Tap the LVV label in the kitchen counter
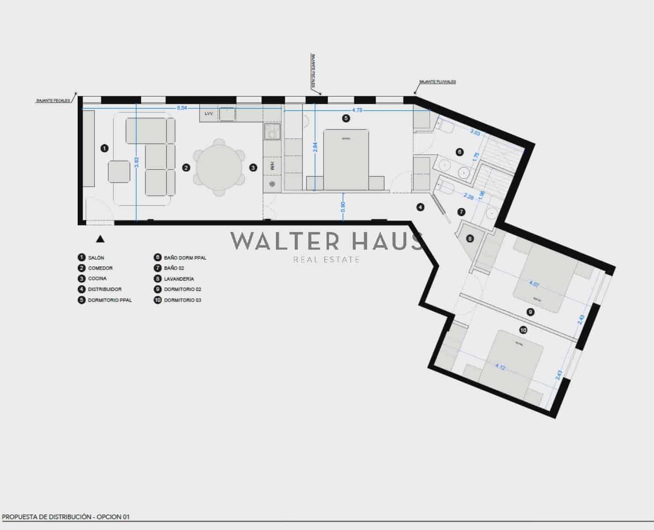click(209, 114)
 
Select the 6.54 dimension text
click(181, 108)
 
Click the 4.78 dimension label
click(357, 110)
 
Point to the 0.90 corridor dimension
click(343, 207)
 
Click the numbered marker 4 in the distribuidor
click(421, 207)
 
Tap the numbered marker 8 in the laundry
click(470, 239)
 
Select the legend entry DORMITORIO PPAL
click(110, 300)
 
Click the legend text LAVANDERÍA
click(179, 279)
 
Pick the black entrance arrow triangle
click(100, 239)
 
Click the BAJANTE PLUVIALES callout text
click(437, 82)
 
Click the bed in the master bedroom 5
click(346, 159)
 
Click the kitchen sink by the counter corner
click(272, 131)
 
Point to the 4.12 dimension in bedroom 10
click(500, 367)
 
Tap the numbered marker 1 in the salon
click(105, 148)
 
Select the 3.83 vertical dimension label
click(137, 163)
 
